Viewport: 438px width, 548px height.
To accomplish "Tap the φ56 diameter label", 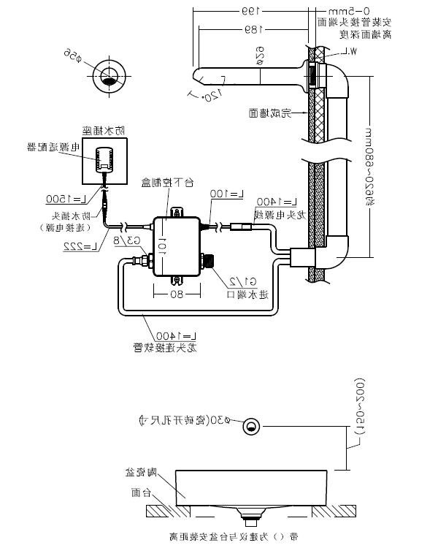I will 71,54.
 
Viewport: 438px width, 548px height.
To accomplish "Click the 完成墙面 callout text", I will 269,113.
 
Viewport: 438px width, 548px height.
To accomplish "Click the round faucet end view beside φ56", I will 110,77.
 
